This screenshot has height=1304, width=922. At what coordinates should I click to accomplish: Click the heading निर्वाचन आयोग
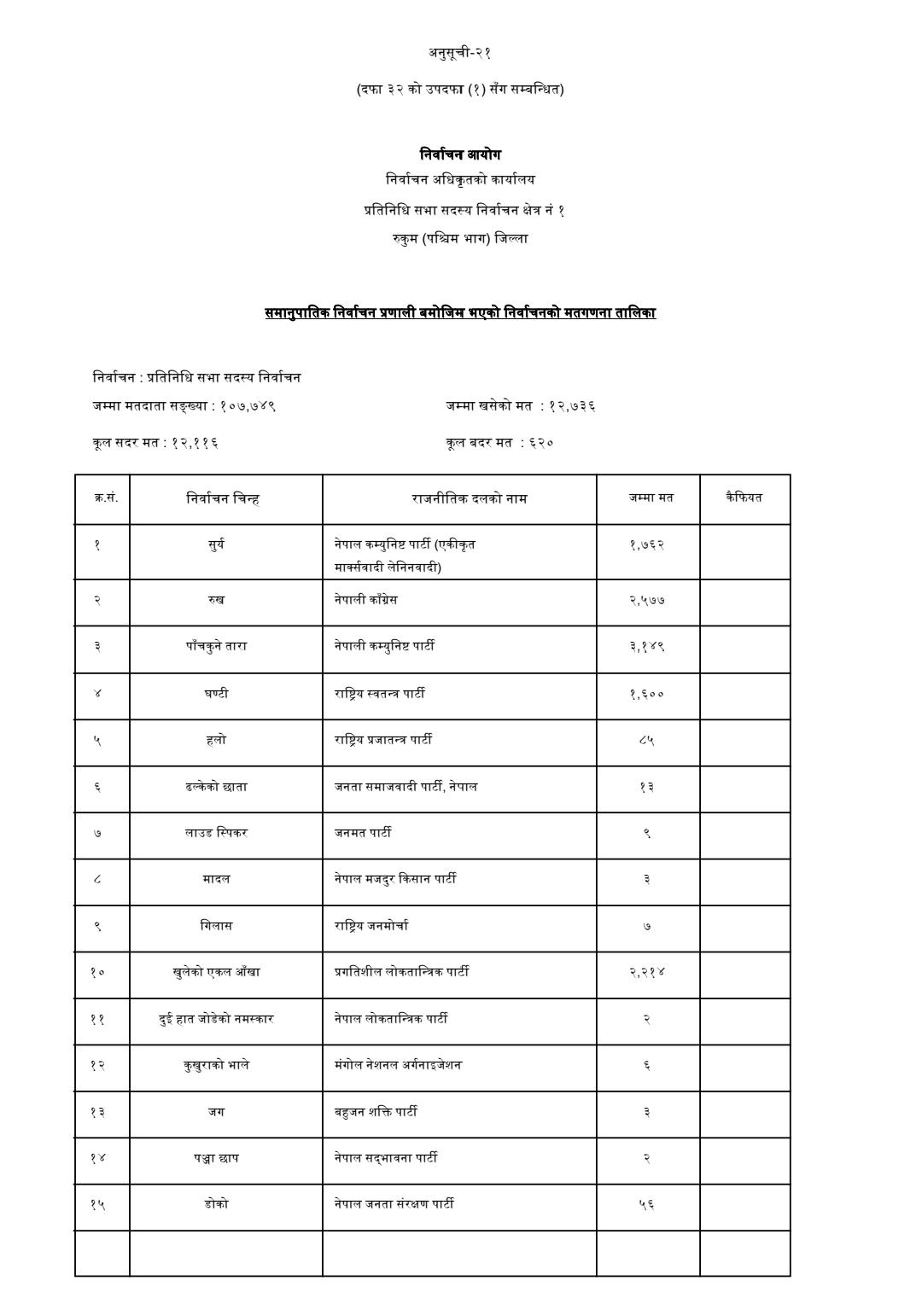coord(460,154)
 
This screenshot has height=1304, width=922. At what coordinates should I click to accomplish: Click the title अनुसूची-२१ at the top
coord(460,53)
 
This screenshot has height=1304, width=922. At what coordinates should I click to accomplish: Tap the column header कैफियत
coord(744,497)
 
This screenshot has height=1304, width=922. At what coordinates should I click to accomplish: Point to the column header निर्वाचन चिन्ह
coord(223,498)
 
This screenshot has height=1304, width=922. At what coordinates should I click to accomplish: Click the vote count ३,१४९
coord(647,646)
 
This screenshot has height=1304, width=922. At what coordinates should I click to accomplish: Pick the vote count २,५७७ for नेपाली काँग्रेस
coord(647,600)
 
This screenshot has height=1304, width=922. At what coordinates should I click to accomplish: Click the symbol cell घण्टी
coord(216,693)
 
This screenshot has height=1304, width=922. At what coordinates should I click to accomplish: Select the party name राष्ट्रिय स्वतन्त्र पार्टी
coord(380,693)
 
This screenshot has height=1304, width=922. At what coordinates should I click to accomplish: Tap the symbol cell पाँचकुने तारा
coord(216,646)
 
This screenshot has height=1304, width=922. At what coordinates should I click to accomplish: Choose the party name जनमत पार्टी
coord(363,832)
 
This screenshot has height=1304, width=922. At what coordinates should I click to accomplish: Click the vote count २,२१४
coord(647,971)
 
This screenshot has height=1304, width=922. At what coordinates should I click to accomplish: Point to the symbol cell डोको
coord(216,1203)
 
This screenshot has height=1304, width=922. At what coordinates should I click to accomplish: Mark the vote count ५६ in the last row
coord(647,1204)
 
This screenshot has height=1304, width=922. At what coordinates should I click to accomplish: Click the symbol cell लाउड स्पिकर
coord(216,832)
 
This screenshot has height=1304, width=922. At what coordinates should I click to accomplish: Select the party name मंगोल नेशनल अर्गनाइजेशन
coord(398,1064)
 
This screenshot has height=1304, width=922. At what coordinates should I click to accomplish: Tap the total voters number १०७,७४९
coord(248,406)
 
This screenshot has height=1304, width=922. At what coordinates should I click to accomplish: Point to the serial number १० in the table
coord(97,972)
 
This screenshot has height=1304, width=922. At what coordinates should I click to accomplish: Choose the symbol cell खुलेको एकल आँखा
coord(216,971)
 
